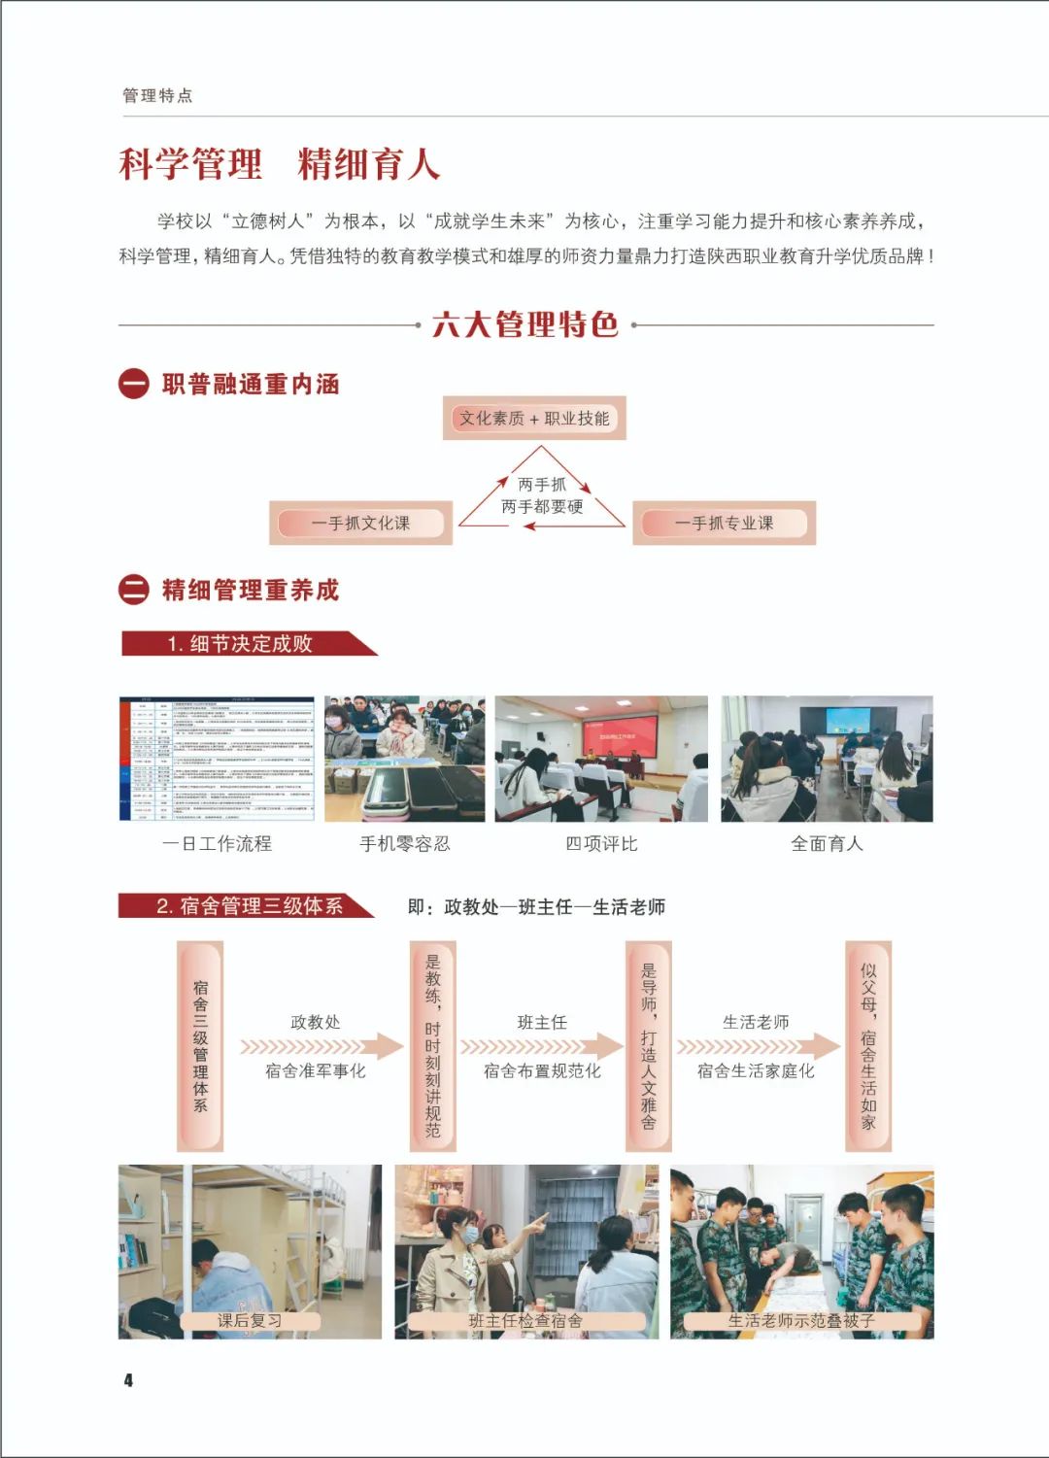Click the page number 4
[x=127, y=1380]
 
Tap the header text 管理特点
[x=157, y=95]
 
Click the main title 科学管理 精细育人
[x=280, y=164]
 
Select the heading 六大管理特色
[x=524, y=324]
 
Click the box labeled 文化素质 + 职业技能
[x=534, y=419]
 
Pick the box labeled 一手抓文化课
[x=360, y=524]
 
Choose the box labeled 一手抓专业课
[x=724, y=524]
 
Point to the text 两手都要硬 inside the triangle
[x=542, y=506]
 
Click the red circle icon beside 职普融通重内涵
[x=133, y=385]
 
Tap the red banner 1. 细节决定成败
[x=241, y=644]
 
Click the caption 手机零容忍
[x=405, y=844]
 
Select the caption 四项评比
[x=601, y=844]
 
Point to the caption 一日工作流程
[x=217, y=844]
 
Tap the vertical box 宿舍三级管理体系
[x=200, y=1045]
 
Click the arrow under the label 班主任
[x=541, y=1046]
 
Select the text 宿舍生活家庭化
[x=756, y=1071]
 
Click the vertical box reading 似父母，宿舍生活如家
[x=867, y=1045]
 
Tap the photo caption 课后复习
[x=250, y=1321]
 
